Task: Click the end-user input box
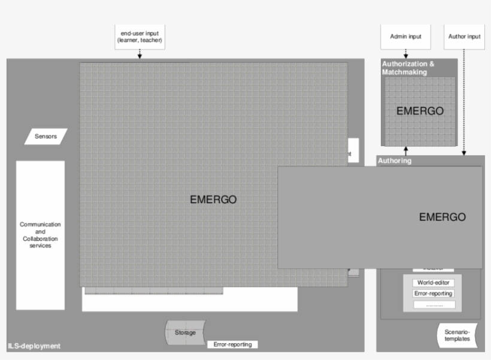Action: [140, 37]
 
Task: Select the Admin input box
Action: [405, 37]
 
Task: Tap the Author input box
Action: [464, 37]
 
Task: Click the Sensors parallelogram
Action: [46, 137]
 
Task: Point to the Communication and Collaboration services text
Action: [40, 235]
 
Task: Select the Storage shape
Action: [185, 332]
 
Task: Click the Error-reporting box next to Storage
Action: [233, 344]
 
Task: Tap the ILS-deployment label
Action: [34, 346]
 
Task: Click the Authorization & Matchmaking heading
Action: [408, 68]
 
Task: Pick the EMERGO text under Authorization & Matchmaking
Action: [420, 111]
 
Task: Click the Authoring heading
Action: [395, 161]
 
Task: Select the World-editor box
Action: [433, 283]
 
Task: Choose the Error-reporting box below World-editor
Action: [433, 294]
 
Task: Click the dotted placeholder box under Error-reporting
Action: [433, 305]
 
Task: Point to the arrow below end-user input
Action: [140, 54]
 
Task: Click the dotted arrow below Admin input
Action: [405, 53]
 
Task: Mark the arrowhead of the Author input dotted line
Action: [464, 153]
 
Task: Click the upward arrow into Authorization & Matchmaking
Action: [405, 151]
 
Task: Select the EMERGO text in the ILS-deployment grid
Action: [213, 200]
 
